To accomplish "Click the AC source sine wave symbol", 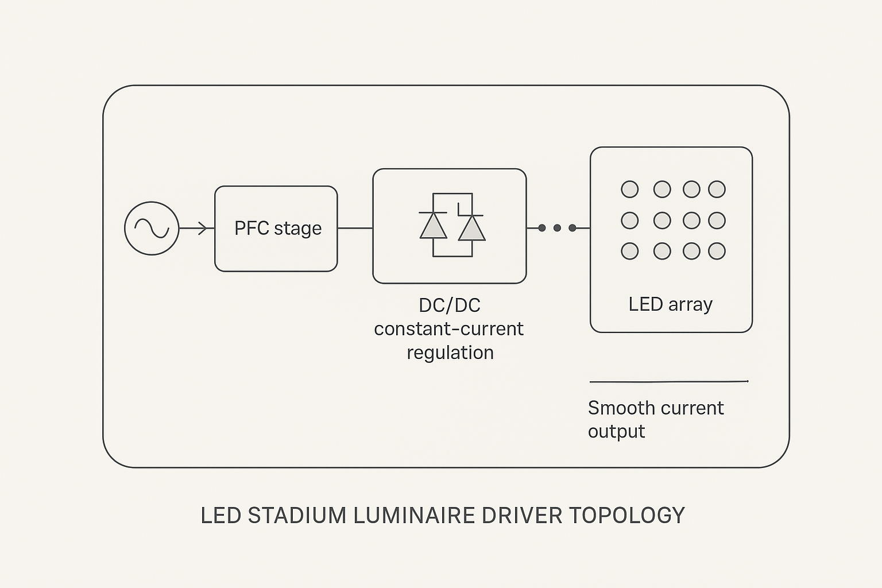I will [152, 229].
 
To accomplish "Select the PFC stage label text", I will [278, 229].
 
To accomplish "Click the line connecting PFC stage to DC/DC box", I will [355, 228].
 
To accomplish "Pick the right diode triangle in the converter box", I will [472, 228].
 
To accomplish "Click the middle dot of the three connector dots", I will [557, 228].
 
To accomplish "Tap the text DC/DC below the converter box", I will [450, 305].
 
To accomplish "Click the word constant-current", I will [448, 329].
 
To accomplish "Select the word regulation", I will [450, 353].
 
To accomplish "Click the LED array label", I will [670, 304].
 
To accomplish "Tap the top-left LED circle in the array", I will [630, 189].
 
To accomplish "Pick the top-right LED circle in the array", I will [717, 189].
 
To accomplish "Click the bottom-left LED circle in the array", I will [630, 251].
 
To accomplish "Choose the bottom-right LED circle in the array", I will [717, 251].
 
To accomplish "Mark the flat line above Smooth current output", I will [669, 381].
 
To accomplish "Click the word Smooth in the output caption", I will [622, 408].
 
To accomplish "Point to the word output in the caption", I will [616, 432].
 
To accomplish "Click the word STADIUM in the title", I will [297, 516].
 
